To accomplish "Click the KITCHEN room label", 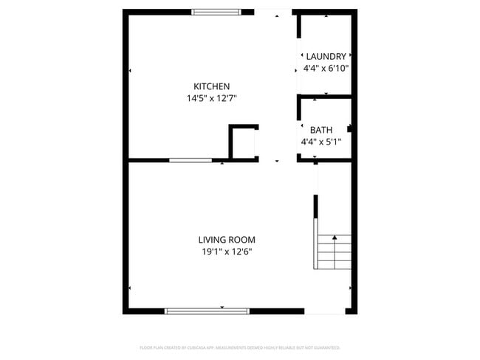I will (211, 86).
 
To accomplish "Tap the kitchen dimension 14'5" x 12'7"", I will (211, 97).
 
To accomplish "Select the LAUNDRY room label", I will (326, 56).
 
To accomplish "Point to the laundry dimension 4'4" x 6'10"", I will (326, 68).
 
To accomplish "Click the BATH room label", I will (320, 130).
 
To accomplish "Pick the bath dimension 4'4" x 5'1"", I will (320, 141).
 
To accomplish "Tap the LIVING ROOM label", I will (227, 240).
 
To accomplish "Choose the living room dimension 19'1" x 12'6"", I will (227, 252).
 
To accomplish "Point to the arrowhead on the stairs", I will (334, 238).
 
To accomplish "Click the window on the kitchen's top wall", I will (216, 12).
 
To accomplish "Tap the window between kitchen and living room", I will (191, 160).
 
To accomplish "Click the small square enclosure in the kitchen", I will (243, 142).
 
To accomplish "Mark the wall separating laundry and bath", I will (325, 96).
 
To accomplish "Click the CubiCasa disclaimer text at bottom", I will (240, 347).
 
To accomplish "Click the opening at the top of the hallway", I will (273, 12).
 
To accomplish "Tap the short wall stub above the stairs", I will (316, 207).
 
